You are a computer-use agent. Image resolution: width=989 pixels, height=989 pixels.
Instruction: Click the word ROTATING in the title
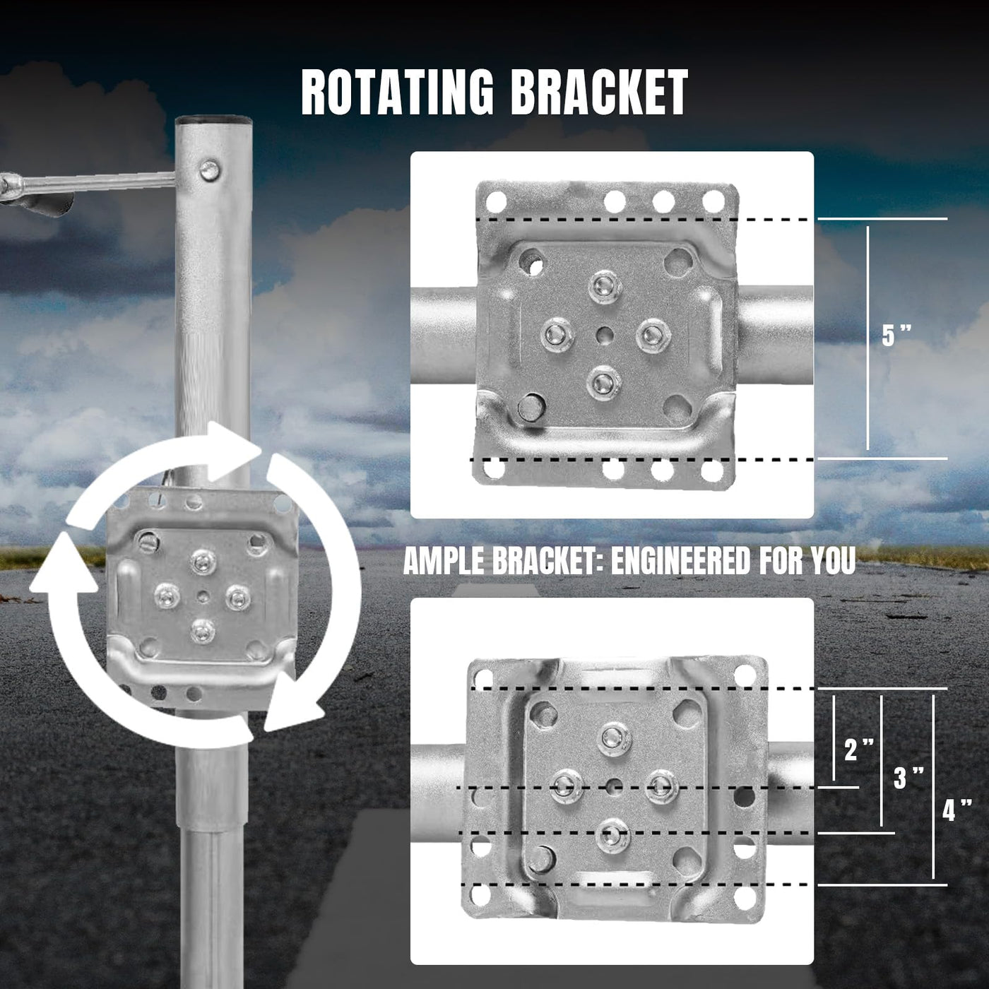(x=397, y=93)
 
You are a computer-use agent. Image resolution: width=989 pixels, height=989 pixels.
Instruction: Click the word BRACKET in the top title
(x=600, y=93)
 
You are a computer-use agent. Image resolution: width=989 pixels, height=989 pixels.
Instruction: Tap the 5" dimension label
(x=896, y=336)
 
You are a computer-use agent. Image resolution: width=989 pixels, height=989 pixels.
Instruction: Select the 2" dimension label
(x=858, y=750)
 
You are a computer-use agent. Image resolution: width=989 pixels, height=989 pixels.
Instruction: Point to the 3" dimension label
(x=908, y=778)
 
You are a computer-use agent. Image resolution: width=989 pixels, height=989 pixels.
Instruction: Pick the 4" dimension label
(x=957, y=810)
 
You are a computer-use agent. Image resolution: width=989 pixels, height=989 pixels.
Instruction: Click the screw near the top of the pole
(x=209, y=170)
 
